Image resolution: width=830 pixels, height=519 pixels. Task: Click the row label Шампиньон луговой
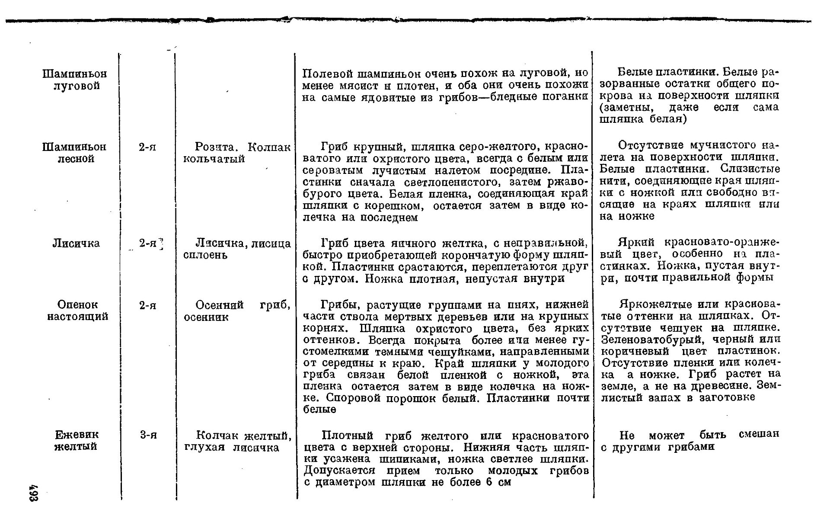tap(74, 80)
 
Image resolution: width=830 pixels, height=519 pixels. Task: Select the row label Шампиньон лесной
tap(74, 153)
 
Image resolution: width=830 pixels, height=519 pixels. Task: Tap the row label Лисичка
tap(76, 243)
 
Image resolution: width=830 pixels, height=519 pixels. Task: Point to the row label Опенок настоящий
tap(77, 311)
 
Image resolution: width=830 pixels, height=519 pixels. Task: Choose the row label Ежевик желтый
tap(77, 440)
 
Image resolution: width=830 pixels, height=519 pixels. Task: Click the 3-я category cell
tap(148, 435)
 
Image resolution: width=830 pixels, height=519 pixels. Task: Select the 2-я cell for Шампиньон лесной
tap(147, 147)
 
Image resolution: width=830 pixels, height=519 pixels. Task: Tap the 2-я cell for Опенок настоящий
tap(147, 305)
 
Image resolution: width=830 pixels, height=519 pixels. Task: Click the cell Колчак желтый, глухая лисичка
tap(238, 441)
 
